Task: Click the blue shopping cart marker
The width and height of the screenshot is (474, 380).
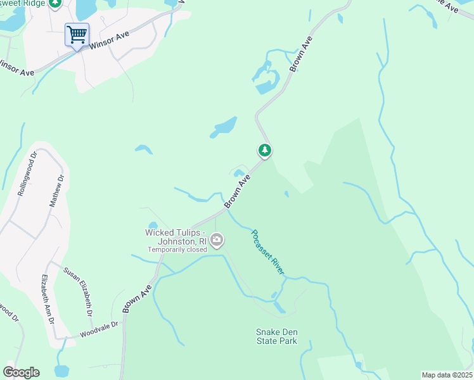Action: [x=77, y=34]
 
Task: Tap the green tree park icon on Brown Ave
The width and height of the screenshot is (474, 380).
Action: [x=265, y=151]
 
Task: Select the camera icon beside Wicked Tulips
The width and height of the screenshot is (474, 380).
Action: [x=217, y=239]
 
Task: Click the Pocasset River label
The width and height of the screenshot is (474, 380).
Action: [x=267, y=252]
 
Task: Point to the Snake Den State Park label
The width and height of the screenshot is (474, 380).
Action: [x=276, y=336]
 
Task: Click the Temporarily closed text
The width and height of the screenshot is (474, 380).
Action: [x=177, y=250]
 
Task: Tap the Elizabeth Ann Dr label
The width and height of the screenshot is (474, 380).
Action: [x=48, y=299]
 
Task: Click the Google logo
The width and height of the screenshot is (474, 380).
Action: [x=21, y=372]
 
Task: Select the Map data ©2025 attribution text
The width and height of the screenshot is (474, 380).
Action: [x=447, y=375]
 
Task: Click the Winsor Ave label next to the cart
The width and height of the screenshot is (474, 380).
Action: [x=110, y=41]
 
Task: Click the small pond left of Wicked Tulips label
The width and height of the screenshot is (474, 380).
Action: [x=153, y=225]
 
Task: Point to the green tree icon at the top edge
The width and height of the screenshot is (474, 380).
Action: [x=55, y=3]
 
